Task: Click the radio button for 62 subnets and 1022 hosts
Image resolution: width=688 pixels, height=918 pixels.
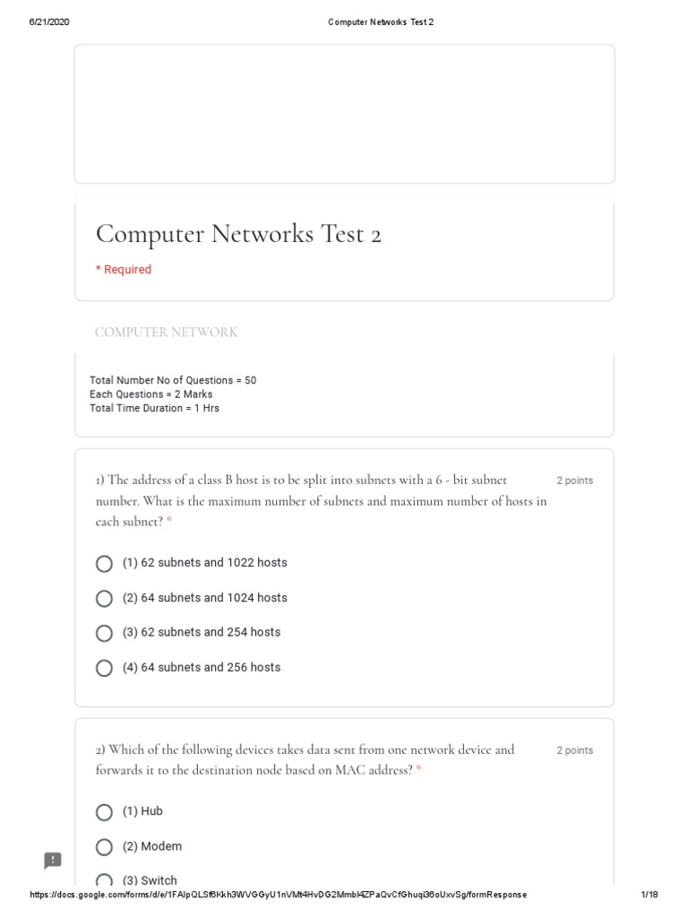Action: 104,564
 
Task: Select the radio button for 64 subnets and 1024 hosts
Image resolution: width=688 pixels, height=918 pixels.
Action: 104,599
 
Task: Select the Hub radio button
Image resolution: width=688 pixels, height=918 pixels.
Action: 104,812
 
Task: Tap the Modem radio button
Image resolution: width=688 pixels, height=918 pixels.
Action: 104,847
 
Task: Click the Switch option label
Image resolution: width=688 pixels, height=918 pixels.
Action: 150,880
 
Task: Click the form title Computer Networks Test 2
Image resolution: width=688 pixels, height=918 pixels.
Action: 238,234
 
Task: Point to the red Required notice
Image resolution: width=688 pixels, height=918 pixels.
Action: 124,270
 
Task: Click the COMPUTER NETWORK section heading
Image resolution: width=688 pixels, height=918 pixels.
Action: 166,333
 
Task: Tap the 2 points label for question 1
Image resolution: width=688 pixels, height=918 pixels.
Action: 574,481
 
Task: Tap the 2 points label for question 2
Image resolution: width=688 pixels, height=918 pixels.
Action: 574,750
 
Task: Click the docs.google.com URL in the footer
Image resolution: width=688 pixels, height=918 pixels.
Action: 278,895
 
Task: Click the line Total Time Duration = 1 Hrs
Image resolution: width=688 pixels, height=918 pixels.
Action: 154,408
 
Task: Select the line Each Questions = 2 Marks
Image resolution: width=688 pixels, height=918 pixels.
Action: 150,394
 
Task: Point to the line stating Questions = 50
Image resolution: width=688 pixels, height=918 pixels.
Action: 173,380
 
